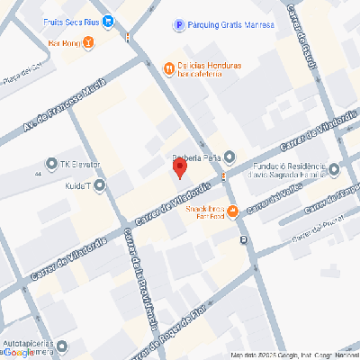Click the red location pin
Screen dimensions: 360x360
(x=179, y=166)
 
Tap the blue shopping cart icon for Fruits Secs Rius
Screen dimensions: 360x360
(x=107, y=22)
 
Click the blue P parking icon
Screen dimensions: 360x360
(x=179, y=26)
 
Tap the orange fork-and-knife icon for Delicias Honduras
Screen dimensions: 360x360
(x=168, y=67)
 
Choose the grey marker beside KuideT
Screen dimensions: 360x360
(x=98, y=185)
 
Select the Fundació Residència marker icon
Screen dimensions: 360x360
(x=334, y=168)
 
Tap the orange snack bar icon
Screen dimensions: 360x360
(x=232, y=211)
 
